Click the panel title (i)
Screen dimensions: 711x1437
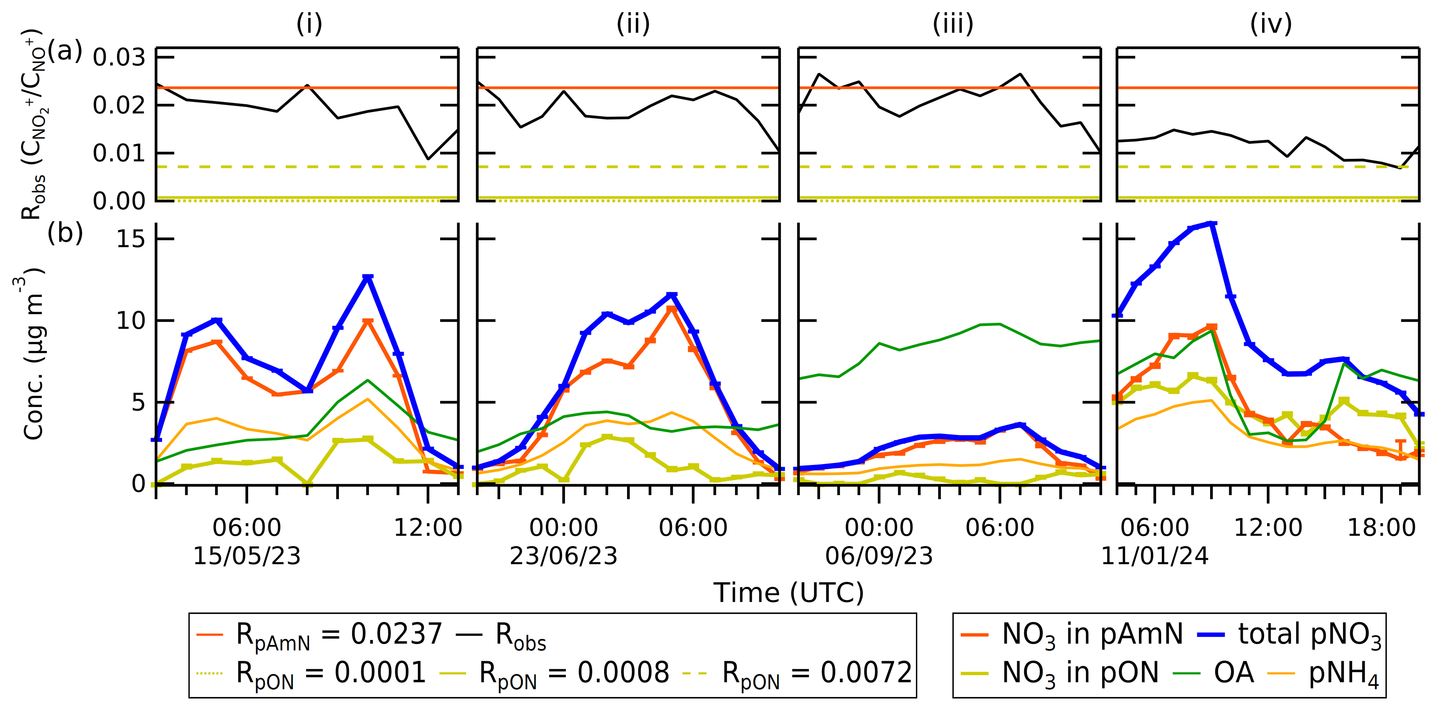click(x=309, y=24)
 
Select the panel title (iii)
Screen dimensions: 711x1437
click(x=953, y=24)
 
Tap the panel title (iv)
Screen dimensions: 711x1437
click(x=1271, y=24)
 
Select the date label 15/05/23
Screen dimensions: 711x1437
click(x=247, y=556)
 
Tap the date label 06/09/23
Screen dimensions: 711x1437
click(x=879, y=556)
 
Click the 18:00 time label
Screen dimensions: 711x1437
click(x=1382, y=527)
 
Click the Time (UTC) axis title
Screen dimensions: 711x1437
click(x=788, y=593)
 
